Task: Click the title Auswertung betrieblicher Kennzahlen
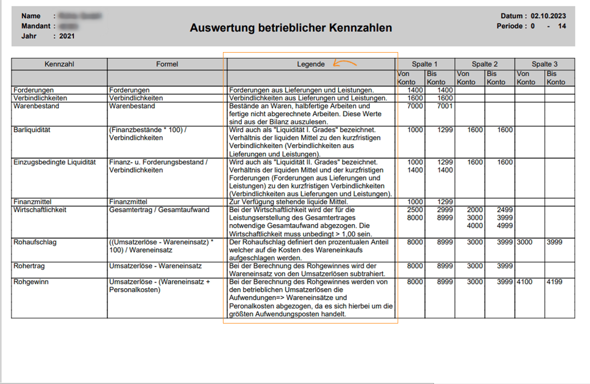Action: tap(291, 28)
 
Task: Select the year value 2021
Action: tap(67, 36)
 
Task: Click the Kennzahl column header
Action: tap(59, 64)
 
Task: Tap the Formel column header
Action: tap(167, 64)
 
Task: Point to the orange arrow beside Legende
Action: tap(345, 64)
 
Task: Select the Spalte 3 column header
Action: tap(544, 64)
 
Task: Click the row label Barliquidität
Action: tap(32, 130)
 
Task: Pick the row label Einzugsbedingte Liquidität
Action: tap(55, 162)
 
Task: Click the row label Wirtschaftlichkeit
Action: tap(40, 210)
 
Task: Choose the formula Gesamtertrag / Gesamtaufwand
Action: tap(159, 210)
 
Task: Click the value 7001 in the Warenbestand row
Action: tap(445, 106)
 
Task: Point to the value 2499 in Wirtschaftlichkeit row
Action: tap(505, 210)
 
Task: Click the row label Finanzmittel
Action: tap(33, 202)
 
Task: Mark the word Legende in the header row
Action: tap(311, 64)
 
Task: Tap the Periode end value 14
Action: tap(562, 26)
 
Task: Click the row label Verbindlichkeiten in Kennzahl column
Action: tap(40, 98)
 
